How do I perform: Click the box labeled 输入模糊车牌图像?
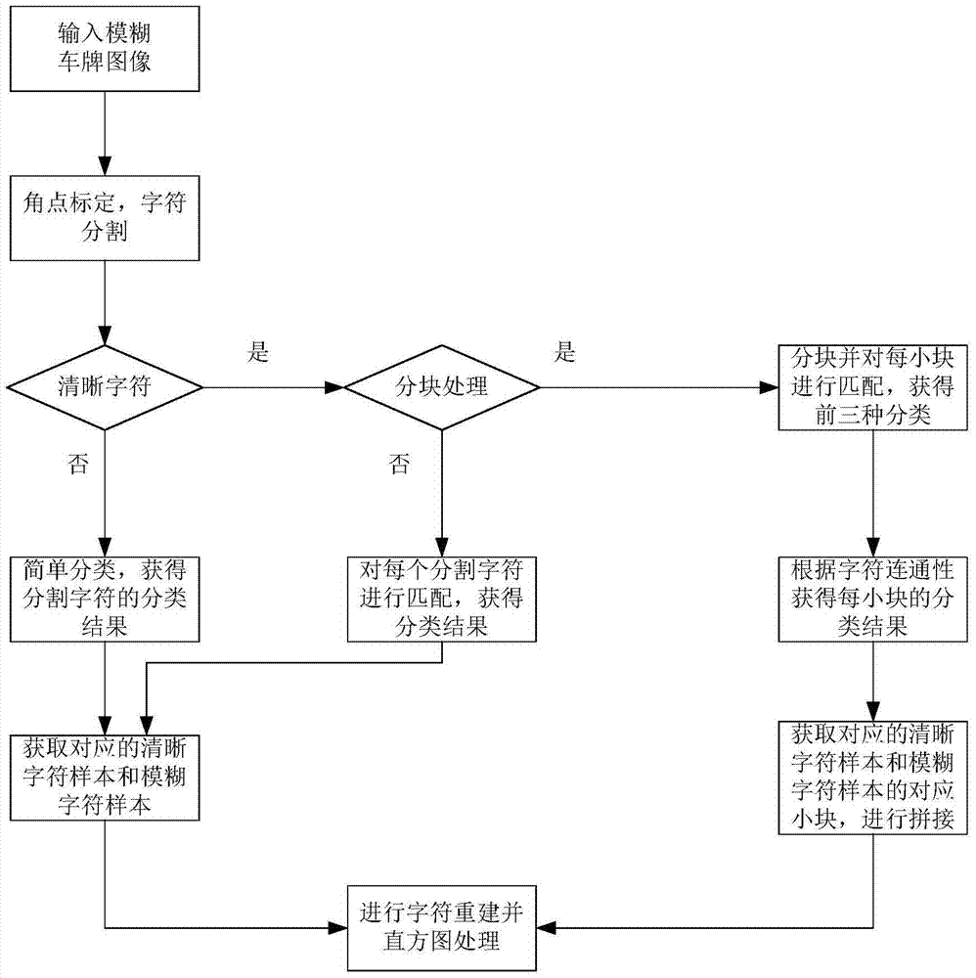105,52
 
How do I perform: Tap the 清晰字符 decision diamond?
105,388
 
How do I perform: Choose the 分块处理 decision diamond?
441,388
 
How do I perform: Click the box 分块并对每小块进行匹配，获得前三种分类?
872,388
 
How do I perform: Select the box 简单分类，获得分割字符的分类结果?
105,598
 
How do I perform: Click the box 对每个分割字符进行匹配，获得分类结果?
441,598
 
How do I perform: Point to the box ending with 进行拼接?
872,778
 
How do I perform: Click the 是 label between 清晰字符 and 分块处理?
258,353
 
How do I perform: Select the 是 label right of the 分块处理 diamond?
565,353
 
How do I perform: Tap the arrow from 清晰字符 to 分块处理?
273,388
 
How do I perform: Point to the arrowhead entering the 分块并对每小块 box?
770,388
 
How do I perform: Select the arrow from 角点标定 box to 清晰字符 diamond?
105,303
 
